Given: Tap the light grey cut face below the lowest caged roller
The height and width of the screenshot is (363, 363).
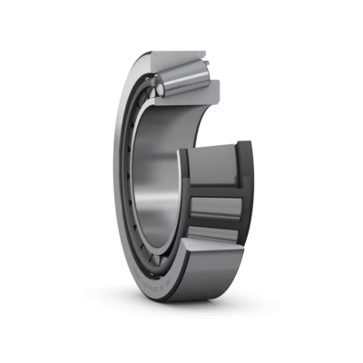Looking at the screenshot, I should tap(212, 259).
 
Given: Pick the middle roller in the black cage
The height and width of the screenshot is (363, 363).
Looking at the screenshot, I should tap(216, 206).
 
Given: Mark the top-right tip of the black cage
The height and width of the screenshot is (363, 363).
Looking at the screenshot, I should tap(250, 143).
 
